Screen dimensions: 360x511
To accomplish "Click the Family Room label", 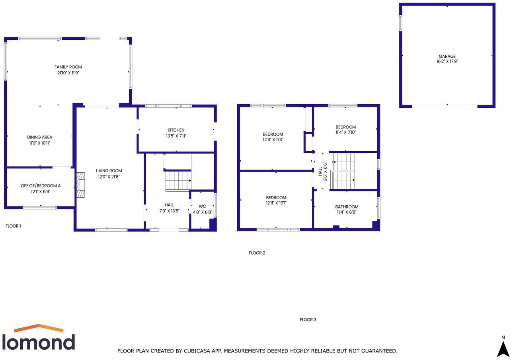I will click(68, 67).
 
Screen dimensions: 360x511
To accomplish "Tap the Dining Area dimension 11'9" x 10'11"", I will click(39, 143).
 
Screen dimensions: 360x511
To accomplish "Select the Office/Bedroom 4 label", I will click(41, 186).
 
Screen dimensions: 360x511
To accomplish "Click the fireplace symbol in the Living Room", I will click(81, 185).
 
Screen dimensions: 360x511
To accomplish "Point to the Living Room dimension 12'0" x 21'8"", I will click(109, 177).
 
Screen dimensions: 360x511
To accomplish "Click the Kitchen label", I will click(176, 130).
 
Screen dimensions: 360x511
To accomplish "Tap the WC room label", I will click(202, 206).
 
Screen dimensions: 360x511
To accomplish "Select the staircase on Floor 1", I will click(178, 180).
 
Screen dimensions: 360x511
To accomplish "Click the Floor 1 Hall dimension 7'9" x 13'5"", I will click(170, 211).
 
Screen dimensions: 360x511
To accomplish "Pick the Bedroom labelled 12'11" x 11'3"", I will click(273, 134).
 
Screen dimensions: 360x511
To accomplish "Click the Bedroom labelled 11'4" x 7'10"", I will click(345, 127).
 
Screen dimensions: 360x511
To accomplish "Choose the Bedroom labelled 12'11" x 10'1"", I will click(276, 198).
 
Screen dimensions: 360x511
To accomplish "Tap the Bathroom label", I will click(347, 207).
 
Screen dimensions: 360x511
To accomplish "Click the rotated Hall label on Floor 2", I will click(320, 171).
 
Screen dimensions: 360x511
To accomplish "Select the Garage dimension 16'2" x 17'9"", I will click(447, 62).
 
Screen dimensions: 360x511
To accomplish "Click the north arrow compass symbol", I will click(503, 348).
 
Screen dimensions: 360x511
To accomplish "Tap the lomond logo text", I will click(39, 342).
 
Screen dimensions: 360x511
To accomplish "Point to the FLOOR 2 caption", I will click(257, 253).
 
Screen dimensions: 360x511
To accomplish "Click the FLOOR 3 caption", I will click(308, 320).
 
